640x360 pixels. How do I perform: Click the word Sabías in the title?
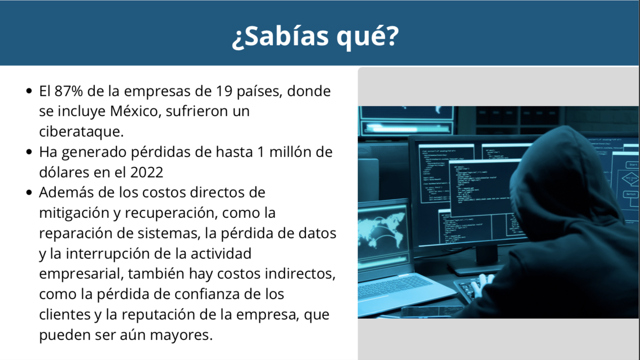coord(287,36)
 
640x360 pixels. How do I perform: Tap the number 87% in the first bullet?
coord(69,91)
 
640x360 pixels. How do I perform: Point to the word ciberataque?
coord(81,132)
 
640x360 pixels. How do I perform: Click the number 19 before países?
coord(224,91)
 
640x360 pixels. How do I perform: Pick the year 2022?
coord(147,172)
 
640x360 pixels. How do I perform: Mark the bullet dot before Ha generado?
coord(29,152)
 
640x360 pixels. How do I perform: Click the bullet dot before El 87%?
coord(29,91)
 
